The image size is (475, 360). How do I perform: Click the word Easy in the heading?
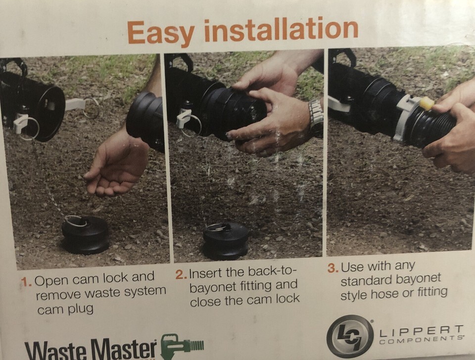160,33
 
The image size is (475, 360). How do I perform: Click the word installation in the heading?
282,29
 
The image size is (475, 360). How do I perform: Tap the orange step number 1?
26,281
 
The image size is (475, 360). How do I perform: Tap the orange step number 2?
181,274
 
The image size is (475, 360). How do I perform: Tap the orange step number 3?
333,268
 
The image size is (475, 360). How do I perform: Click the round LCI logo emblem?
350,336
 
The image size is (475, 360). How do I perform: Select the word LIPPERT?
421,331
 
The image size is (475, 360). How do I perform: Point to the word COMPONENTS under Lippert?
421,340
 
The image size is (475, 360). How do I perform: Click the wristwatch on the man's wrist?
316,118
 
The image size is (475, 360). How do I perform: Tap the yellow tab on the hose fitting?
427,103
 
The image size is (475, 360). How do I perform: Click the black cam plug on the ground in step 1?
85,235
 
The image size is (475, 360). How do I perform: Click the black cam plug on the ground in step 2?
226,240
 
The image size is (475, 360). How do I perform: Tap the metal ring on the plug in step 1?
76,221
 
